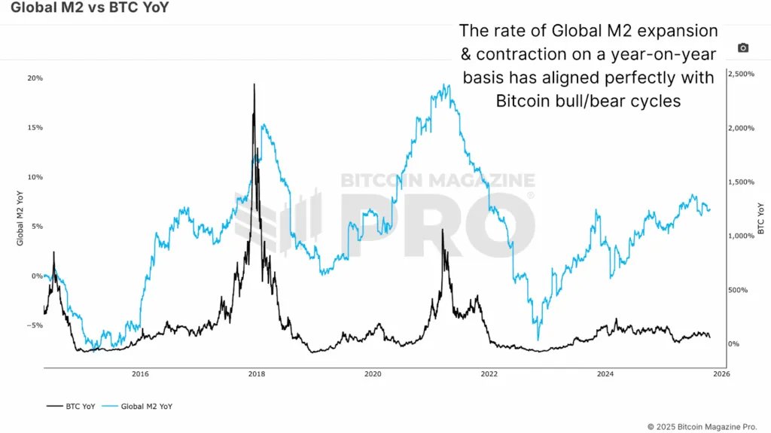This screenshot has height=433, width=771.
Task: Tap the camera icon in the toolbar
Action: coord(743,48)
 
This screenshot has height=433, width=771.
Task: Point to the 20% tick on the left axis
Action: coord(35,78)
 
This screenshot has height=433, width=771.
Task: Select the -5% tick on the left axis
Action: coord(35,325)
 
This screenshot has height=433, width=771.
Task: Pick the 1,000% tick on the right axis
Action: coord(741,236)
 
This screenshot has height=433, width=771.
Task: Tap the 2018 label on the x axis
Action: coord(256,374)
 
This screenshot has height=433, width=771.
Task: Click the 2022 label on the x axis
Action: coord(489,374)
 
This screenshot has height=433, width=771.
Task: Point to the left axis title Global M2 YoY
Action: coord(20,218)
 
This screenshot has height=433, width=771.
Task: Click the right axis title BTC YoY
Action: coord(760,218)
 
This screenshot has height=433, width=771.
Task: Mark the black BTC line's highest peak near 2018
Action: coord(254,84)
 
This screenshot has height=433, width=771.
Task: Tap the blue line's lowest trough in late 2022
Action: coord(538,340)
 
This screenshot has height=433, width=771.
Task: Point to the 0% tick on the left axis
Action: coord(36,276)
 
